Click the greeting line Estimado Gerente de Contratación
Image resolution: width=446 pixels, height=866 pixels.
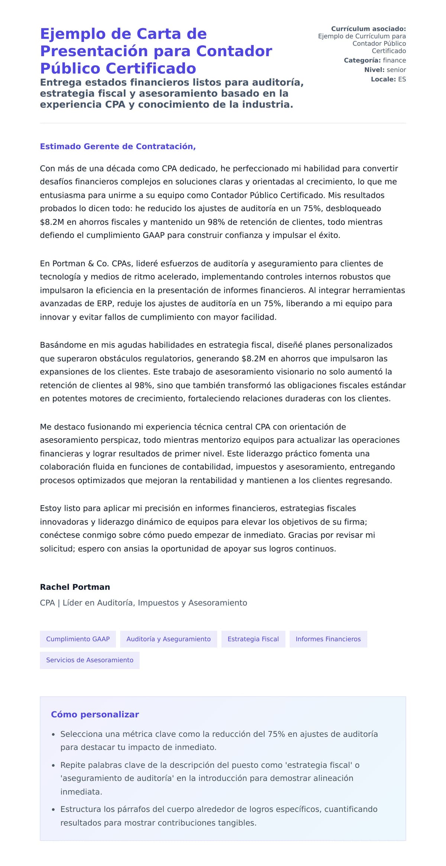pyautogui.click(x=118, y=147)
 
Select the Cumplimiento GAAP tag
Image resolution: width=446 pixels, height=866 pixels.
pyautogui.click(x=78, y=639)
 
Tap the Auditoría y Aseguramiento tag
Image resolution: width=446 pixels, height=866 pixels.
pyautogui.click(x=168, y=639)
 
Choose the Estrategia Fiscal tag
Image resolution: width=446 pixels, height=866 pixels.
pyautogui.click(x=253, y=639)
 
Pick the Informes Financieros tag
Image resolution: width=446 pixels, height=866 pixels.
pyautogui.click(x=328, y=639)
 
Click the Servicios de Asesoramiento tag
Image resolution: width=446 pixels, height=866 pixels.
pyautogui.click(x=90, y=660)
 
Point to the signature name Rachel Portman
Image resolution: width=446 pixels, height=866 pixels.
pyautogui.click(x=75, y=587)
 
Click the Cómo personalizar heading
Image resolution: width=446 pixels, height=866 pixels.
pyautogui.click(x=95, y=715)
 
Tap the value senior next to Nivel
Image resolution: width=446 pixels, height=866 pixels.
pyautogui.click(x=396, y=70)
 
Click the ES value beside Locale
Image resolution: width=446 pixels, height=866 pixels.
pyautogui.click(x=402, y=79)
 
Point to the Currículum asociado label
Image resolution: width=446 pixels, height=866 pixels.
pyautogui.click(x=368, y=29)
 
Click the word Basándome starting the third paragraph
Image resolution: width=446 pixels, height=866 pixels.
pyautogui.click(x=61, y=345)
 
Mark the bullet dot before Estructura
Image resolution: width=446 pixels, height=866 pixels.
pyautogui.click(x=53, y=810)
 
